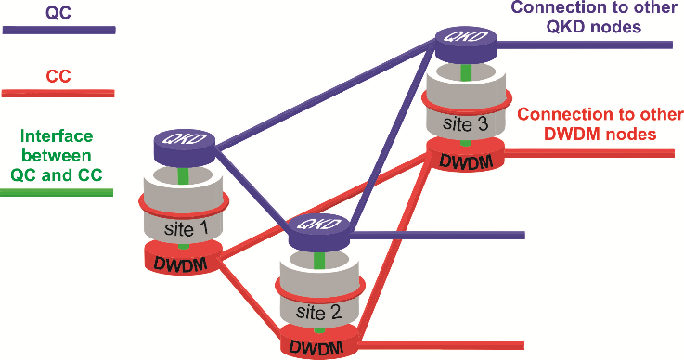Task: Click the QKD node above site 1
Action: pyautogui.click(x=185, y=146)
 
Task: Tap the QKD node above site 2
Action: pyautogui.click(x=320, y=232)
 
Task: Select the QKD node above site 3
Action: pyautogui.click(x=466, y=43)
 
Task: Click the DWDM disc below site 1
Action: pyautogui.click(x=184, y=258)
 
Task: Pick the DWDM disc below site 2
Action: pyautogui.click(x=319, y=341)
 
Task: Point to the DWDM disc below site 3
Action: pyautogui.click(x=466, y=155)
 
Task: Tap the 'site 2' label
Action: pyautogui.click(x=318, y=312)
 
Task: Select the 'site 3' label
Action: pyautogui.click(x=466, y=123)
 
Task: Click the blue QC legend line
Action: pyautogui.click(x=58, y=30)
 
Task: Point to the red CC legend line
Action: pyautogui.click(x=58, y=93)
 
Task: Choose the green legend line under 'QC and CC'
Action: pyautogui.click(x=57, y=192)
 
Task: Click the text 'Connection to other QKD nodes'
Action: pyautogui.click(x=594, y=17)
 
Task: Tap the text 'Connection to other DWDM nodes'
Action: pyautogui.click(x=600, y=123)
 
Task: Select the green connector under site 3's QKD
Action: pyautogui.click(x=466, y=71)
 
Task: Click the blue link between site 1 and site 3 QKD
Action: pyautogui.click(x=326, y=94)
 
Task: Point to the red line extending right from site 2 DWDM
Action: pyautogui.click(x=441, y=345)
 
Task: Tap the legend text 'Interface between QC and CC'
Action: pyautogui.click(x=57, y=155)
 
